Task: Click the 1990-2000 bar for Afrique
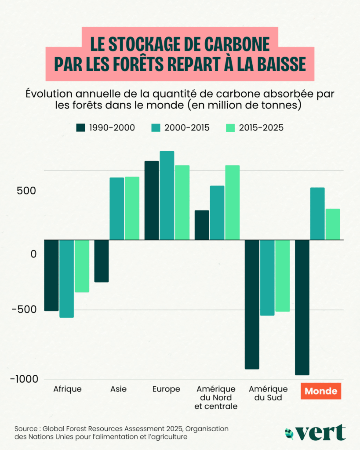click(51, 275)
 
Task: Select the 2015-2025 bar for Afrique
click(82, 266)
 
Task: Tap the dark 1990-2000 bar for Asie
click(102, 261)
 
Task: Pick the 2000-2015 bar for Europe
click(167, 195)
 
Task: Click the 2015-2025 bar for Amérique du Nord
click(233, 202)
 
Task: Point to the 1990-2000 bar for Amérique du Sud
click(252, 304)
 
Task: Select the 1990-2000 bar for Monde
click(303, 307)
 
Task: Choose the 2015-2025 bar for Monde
click(333, 224)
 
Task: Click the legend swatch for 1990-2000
click(80, 128)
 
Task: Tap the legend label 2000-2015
click(187, 128)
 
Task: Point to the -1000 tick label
click(26, 379)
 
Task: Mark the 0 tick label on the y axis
click(33, 254)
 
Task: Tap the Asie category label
click(118, 389)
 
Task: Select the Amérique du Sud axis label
click(268, 393)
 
